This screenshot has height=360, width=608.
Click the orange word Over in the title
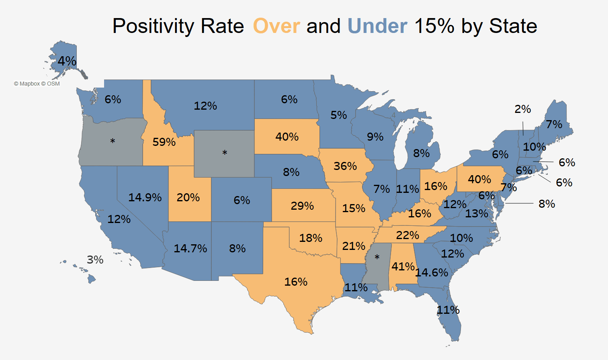276,27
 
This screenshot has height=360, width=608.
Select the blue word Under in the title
377,27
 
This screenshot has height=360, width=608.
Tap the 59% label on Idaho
164,142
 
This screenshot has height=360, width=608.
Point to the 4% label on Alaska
67,61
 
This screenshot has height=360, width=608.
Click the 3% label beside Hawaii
95,260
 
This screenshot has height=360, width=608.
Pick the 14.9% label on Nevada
145,197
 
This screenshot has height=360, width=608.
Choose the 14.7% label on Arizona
190,248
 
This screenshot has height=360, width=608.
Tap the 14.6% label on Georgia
432,273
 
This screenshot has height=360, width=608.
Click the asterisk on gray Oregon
113,141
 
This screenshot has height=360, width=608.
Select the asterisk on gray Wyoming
225,153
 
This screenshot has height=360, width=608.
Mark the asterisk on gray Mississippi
377,257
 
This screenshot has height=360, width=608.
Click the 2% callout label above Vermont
523,109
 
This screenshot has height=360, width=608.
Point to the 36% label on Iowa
345,166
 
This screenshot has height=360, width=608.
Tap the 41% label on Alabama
403,266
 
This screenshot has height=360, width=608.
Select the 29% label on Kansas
302,206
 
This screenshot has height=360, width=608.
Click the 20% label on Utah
188,197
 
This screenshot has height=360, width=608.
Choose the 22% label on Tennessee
407,235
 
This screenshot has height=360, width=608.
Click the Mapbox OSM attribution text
37,84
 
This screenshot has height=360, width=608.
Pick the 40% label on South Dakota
287,137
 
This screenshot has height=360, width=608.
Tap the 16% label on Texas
296,282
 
